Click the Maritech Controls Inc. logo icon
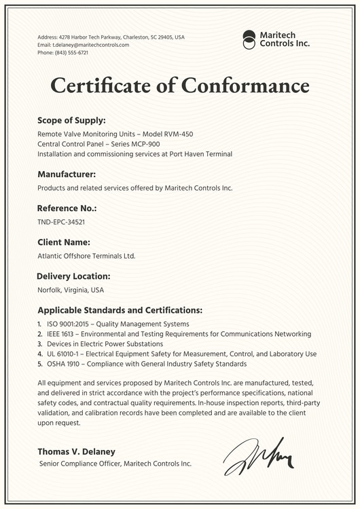249,39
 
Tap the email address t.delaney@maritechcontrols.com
83,45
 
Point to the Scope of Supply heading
71,120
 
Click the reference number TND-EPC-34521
60,222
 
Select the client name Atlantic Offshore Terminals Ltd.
86,256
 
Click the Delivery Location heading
73,276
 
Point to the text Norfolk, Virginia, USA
71,290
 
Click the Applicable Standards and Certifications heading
120,310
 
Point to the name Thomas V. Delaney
76,451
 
